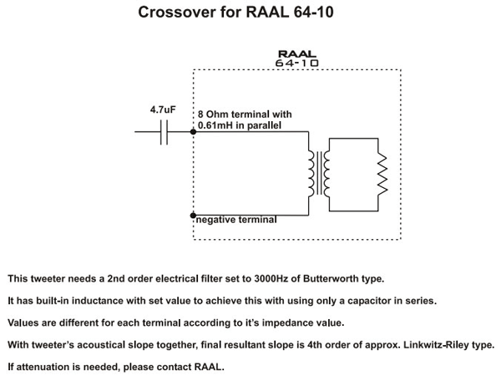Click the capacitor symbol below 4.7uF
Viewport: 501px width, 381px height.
[x=164, y=131]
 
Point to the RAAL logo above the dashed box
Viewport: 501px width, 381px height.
[x=296, y=53]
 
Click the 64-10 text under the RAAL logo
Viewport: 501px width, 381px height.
[x=296, y=63]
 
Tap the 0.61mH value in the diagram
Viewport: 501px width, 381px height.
[x=214, y=125]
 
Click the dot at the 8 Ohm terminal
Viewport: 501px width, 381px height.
[x=194, y=131]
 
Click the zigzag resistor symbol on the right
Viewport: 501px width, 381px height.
[x=381, y=173]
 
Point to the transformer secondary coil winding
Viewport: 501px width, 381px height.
[x=326, y=173]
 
